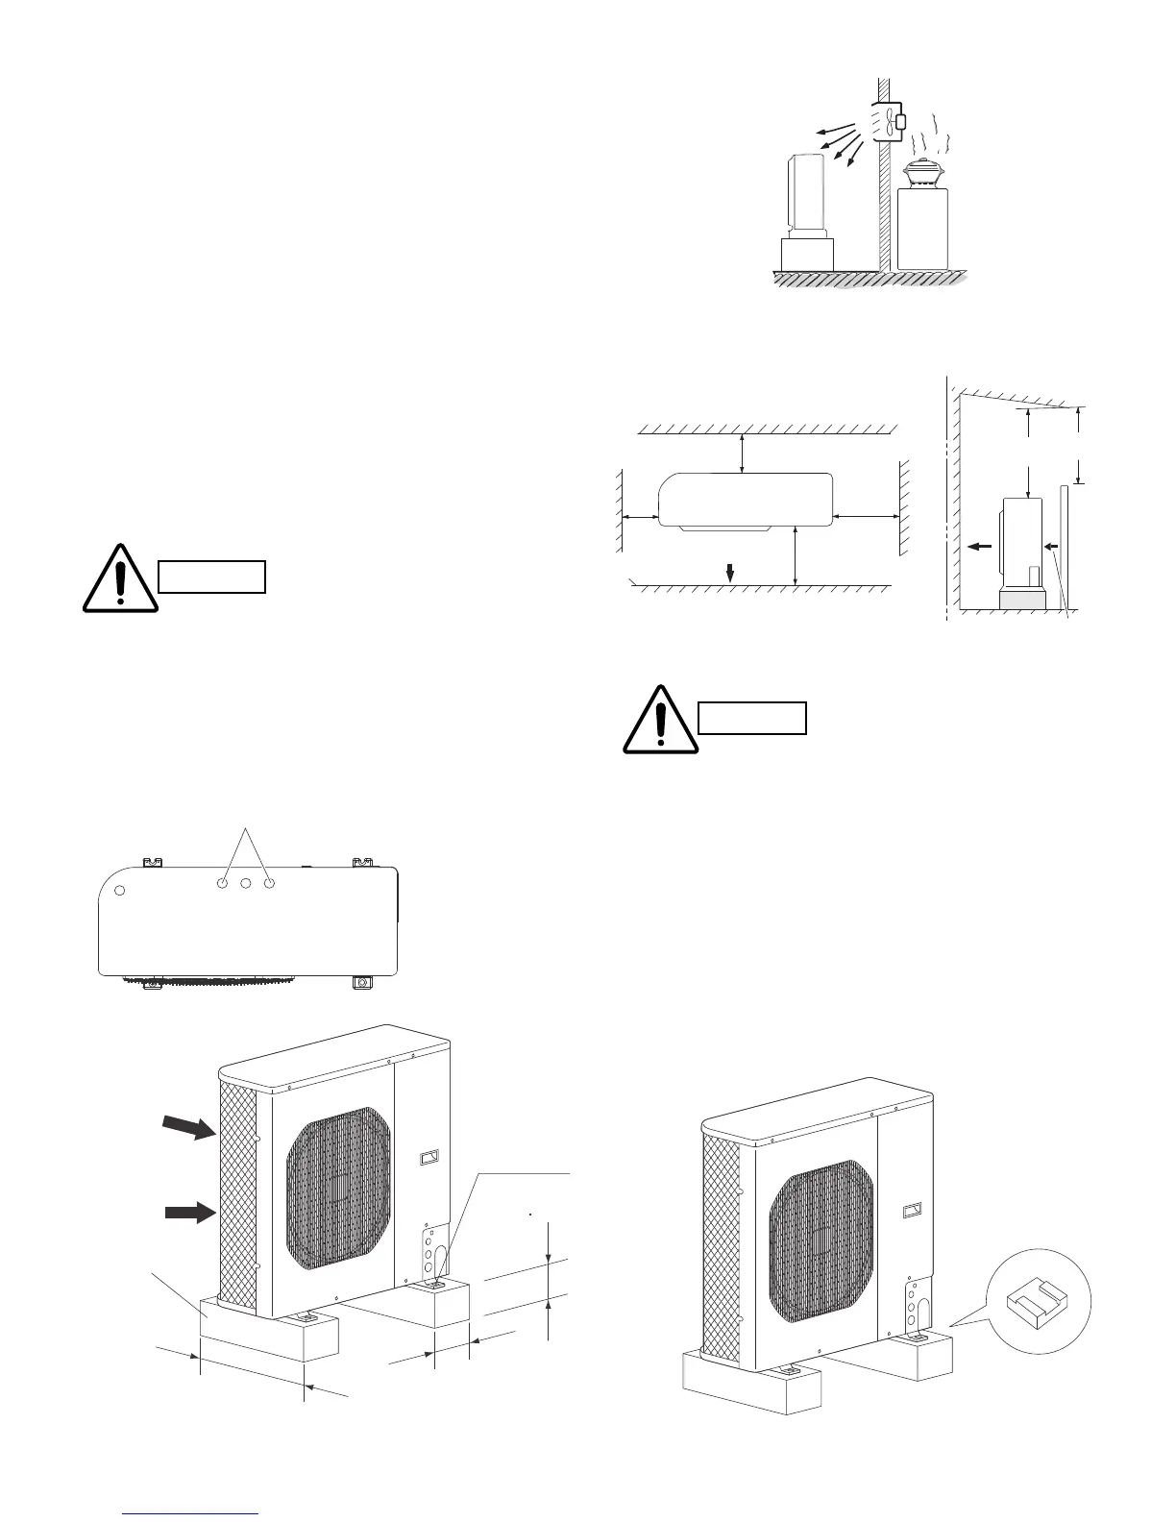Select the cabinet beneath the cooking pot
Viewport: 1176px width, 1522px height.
click(x=922, y=229)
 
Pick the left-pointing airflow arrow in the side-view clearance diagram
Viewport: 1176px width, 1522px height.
click(x=979, y=546)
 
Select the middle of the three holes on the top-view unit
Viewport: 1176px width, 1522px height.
click(x=246, y=882)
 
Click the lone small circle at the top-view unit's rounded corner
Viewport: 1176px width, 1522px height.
click(x=120, y=890)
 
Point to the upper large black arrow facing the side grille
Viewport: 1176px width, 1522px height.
click(x=188, y=1127)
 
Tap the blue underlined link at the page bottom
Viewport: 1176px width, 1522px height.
click(x=192, y=1513)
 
